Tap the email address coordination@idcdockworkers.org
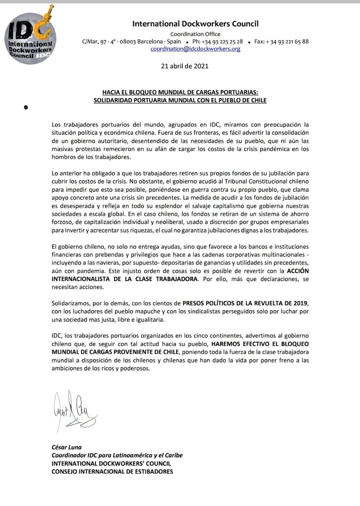coord(195,49)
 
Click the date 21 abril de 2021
coord(185,66)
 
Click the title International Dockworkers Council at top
coord(195,24)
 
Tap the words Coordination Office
coord(195,34)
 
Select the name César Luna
coord(66,447)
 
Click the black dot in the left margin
coord(26,107)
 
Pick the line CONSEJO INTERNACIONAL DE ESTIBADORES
coord(112,471)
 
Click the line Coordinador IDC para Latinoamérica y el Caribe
coord(117,455)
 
